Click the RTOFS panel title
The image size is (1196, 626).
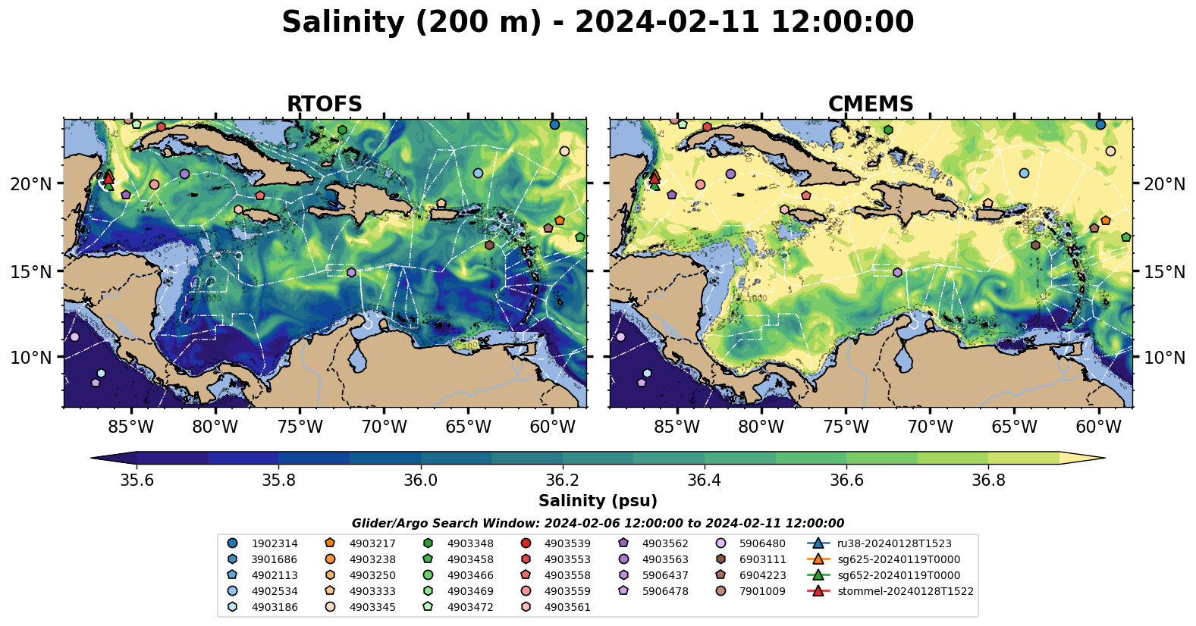(x=324, y=105)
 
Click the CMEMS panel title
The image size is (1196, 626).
(x=870, y=105)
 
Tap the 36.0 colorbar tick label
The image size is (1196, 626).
(x=420, y=480)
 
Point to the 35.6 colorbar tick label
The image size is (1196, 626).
(x=137, y=480)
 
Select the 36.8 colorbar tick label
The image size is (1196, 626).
(x=987, y=480)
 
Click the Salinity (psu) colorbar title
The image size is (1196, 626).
(x=598, y=501)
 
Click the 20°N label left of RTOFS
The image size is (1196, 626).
(x=32, y=184)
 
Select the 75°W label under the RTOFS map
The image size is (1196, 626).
(x=300, y=427)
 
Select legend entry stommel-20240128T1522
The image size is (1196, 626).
(x=905, y=591)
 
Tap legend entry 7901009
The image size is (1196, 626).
(x=762, y=591)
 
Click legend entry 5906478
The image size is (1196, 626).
(x=665, y=591)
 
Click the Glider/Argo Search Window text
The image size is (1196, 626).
(x=598, y=524)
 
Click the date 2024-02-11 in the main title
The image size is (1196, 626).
(x=667, y=22)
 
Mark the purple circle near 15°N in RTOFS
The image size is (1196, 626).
(x=351, y=273)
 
